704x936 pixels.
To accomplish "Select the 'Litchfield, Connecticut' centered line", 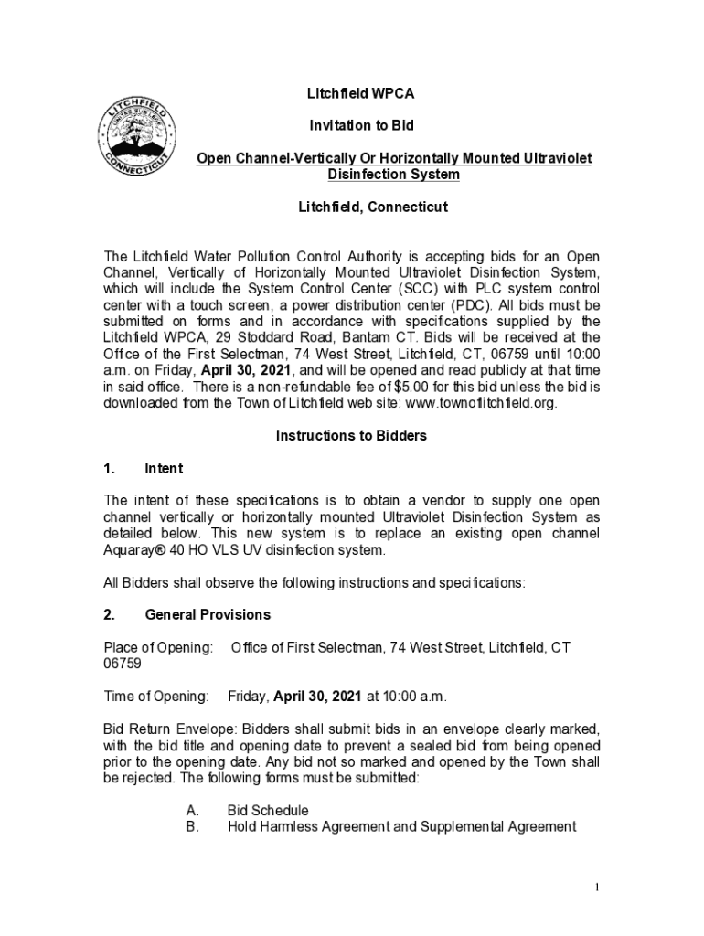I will point(373,207).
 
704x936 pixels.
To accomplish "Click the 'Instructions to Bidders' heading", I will point(351,436).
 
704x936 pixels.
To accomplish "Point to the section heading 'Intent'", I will point(164,469).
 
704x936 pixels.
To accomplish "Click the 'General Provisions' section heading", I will point(208,614).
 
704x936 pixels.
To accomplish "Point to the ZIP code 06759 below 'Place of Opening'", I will point(123,665).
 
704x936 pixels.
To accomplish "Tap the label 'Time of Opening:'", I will point(156,697).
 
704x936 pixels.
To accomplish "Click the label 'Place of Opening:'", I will point(158,648).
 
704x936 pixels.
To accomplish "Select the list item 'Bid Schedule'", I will point(268,811).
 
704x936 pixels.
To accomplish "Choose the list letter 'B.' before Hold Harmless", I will point(192,827).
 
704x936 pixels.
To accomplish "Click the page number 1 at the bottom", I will point(595,888).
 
